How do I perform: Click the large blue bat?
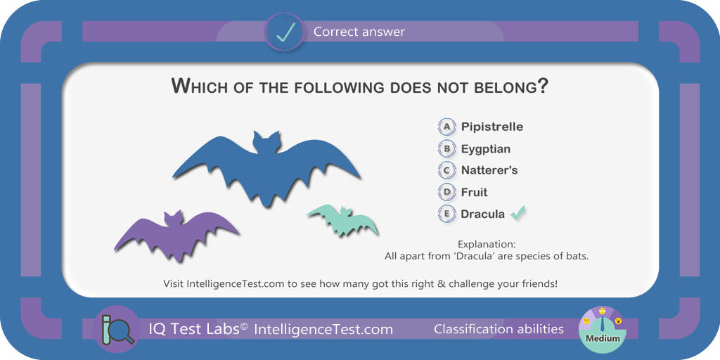[266, 170]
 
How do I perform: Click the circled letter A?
[446, 127]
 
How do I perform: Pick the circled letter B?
[446, 149]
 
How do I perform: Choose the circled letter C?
[446, 170]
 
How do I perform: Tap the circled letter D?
[446, 193]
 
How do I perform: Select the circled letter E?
[446, 214]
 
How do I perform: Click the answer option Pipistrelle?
[491, 127]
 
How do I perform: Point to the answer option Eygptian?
[486, 149]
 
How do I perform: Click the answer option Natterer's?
[489, 170]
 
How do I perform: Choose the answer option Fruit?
[475, 193]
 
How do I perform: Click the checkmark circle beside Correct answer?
[284, 31]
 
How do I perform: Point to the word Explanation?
[487, 244]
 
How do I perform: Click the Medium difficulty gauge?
[603, 329]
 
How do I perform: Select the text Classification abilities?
[499, 329]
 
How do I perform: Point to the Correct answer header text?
[359, 32]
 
